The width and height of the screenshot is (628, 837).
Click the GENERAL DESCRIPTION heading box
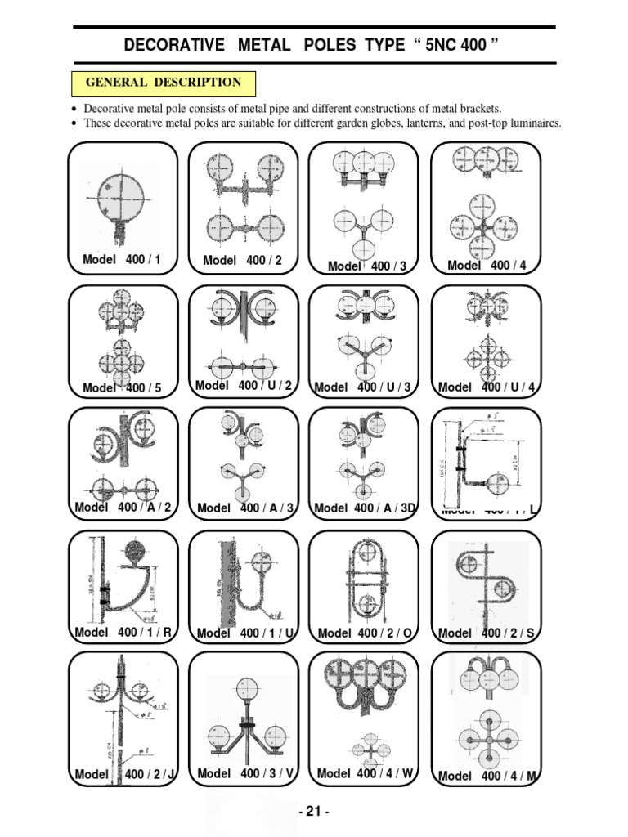[x=164, y=83]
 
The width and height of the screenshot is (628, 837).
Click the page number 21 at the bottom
[x=314, y=812]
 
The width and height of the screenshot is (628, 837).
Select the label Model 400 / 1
[x=122, y=260]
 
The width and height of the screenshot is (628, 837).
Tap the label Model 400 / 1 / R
[x=123, y=632]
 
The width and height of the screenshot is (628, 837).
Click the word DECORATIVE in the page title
[x=173, y=45]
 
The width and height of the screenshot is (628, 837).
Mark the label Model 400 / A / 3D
[x=365, y=508]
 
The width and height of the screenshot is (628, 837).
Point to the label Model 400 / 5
[x=122, y=387]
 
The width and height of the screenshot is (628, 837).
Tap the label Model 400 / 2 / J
[x=123, y=774]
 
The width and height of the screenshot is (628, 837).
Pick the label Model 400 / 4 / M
[x=487, y=776]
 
